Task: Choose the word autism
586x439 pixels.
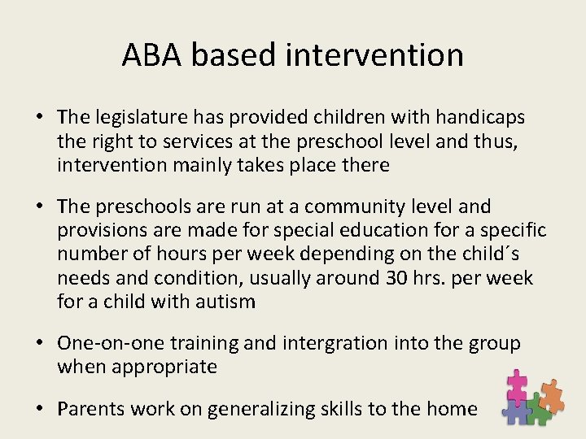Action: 225,302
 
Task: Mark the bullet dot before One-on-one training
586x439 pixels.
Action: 39,344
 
